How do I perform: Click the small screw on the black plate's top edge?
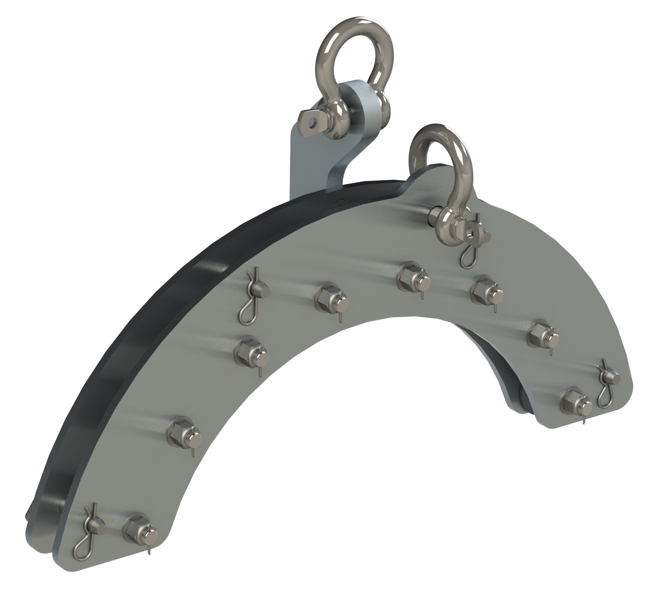coord(338,203)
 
